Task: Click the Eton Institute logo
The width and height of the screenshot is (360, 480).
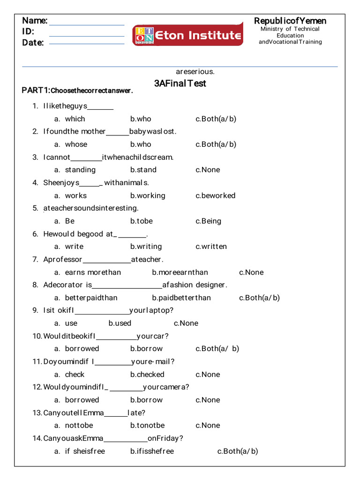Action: (x=188, y=35)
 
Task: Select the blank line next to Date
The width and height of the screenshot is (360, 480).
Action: (x=87, y=43)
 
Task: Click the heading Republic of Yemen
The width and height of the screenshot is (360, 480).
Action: (x=290, y=21)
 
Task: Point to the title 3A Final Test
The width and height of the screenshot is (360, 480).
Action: (x=180, y=83)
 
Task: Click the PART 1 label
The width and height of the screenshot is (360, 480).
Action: (x=36, y=90)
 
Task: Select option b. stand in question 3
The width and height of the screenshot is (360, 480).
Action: (x=143, y=170)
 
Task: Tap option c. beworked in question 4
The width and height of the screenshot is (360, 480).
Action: (x=216, y=195)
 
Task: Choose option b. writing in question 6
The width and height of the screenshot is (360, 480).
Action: (x=146, y=247)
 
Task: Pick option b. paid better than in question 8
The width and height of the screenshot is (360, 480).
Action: (x=181, y=298)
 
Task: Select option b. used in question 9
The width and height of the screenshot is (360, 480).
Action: (x=120, y=323)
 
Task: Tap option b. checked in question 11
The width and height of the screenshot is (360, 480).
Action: (x=147, y=375)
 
